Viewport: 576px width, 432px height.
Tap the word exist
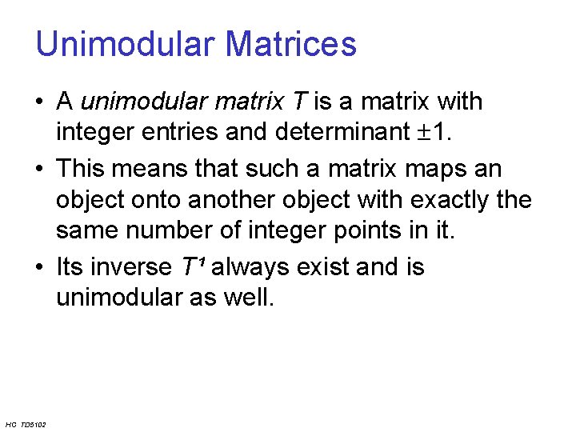click(x=324, y=266)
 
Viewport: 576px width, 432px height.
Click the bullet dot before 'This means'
click(x=40, y=170)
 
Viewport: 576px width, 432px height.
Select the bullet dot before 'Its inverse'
click(x=40, y=266)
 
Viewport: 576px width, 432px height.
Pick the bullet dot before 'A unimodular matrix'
click(x=40, y=102)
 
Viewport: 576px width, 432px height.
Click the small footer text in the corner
click(x=25, y=424)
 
